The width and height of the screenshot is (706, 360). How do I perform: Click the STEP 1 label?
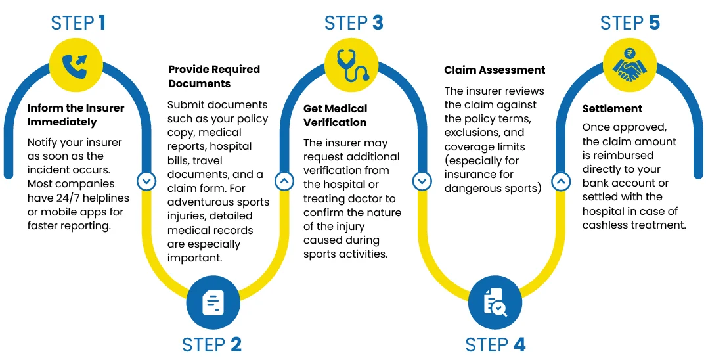pyautogui.click(x=78, y=23)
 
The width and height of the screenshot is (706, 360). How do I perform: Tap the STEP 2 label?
pyautogui.click(x=211, y=344)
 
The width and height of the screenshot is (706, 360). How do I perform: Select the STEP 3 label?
pyautogui.click(x=353, y=23)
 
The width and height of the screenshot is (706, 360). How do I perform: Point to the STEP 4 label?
pyautogui.click(x=495, y=344)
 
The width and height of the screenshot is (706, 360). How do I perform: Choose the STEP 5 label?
pyautogui.click(x=630, y=23)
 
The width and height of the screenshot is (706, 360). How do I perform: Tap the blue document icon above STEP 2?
pyautogui.click(x=213, y=302)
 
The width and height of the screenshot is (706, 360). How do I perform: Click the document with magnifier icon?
pyautogui.click(x=495, y=302)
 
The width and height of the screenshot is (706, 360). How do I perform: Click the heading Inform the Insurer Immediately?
pyautogui.click(x=76, y=115)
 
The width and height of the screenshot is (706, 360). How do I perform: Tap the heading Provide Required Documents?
pyautogui.click(x=214, y=76)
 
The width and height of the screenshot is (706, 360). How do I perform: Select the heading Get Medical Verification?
pyautogui.click(x=335, y=115)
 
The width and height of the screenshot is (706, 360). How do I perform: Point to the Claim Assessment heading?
pyautogui.click(x=495, y=70)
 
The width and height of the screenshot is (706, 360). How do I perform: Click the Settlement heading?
pyautogui.click(x=612, y=108)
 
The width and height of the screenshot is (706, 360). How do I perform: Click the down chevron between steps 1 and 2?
pyautogui.click(x=146, y=181)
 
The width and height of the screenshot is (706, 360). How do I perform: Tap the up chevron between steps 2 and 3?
pyautogui.click(x=284, y=181)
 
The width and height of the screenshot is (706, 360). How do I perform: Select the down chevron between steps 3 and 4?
pyautogui.click(x=422, y=181)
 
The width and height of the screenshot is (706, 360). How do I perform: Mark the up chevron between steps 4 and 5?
pyautogui.click(x=560, y=181)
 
